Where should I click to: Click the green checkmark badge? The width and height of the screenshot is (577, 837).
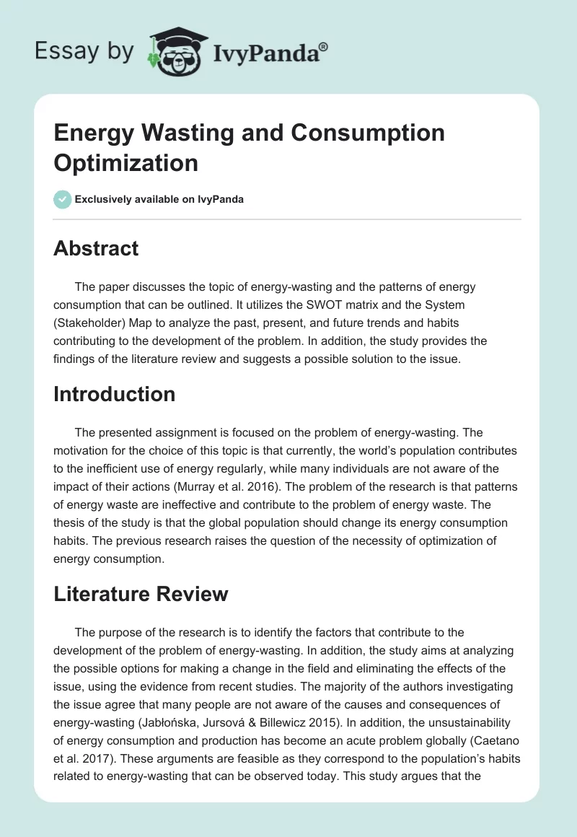pyautogui.click(x=63, y=199)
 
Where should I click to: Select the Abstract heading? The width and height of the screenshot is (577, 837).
pyautogui.click(x=96, y=249)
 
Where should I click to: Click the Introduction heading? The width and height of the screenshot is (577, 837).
pyautogui.click(x=115, y=394)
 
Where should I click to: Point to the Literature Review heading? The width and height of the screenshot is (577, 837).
pyautogui.click(x=141, y=594)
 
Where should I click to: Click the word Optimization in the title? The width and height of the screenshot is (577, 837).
pyautogui.click(x=125, y=162)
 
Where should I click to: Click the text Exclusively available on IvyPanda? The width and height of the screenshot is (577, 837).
pyautogui.click(x=159, y=199)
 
